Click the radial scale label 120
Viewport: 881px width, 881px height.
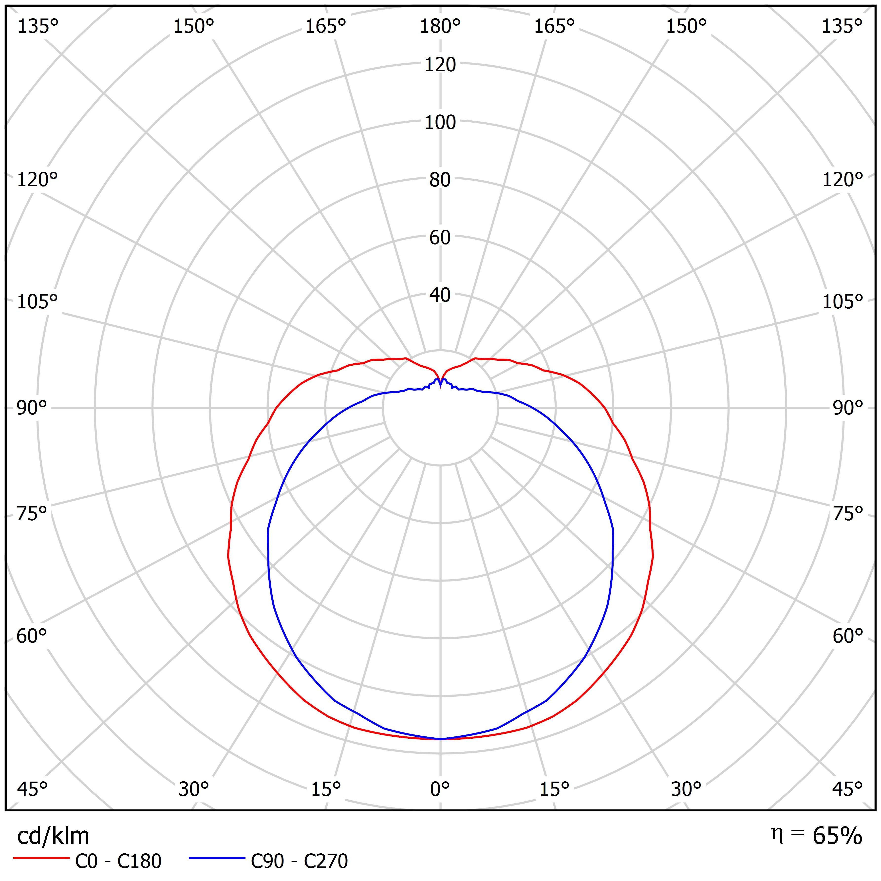(x=440, y=65)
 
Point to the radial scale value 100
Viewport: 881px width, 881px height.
(x=440, y=122)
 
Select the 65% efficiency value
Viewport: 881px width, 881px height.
(x=837, y=835)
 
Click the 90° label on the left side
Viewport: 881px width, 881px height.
(x=32, y=408)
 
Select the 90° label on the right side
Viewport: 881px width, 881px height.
(x=848, y=408)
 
